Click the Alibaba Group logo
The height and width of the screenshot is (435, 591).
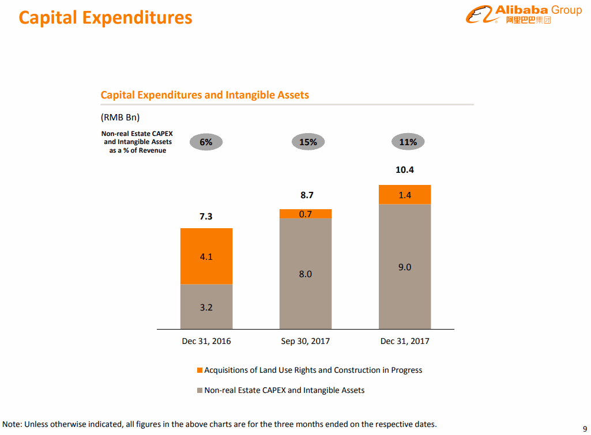point(524,14)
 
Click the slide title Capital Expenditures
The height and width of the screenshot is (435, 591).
point(106,17)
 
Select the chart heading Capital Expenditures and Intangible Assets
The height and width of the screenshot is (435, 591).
point(205,95)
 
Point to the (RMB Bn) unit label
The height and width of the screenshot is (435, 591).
point(120,118)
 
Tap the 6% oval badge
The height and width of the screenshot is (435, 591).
point(206,142)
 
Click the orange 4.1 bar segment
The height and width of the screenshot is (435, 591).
point(206,256)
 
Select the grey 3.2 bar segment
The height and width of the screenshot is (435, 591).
point(206,307)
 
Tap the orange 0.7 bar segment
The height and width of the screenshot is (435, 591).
point(306,214)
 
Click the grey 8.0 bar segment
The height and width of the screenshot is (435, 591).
point(306,274)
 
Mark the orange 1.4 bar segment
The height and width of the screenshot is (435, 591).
point(405,195)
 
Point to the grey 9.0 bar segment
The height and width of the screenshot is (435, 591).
point(405,267)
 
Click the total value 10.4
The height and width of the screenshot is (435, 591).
point(404,170)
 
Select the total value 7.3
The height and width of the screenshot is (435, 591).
point(206,217)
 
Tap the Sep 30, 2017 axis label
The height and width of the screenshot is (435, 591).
point(306,341)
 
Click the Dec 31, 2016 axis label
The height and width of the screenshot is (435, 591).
point(206,341)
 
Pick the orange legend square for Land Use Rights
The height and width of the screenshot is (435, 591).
point(199,370)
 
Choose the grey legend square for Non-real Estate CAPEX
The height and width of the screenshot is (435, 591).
point(199,391)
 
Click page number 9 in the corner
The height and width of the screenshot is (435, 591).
point(585,428)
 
